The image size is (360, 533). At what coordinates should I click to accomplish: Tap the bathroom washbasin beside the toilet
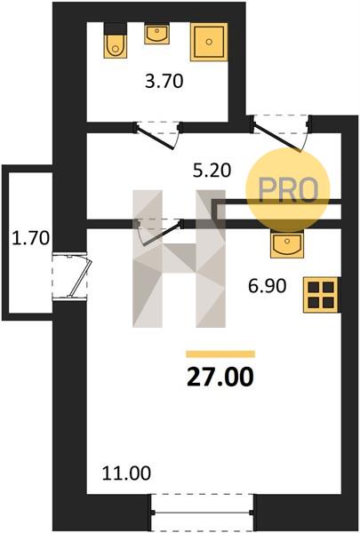[156, 34]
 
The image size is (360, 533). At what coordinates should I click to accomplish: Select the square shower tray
[209, 42]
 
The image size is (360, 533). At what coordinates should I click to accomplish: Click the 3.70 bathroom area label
[164, 82]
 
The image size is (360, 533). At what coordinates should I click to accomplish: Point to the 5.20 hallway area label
[212, 171]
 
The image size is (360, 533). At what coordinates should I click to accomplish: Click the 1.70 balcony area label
[30, 238]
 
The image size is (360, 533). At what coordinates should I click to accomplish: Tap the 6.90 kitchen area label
[267, 286]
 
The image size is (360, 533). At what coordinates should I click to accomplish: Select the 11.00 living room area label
[126, 473]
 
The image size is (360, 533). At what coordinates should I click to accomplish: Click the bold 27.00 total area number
[220, 378]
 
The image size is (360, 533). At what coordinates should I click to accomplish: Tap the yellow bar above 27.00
[220, 354]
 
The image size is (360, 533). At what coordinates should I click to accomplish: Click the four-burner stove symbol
[321, 295]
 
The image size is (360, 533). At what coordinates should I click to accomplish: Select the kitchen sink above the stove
[287, 243]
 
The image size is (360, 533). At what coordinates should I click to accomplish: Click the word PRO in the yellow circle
[288, 190]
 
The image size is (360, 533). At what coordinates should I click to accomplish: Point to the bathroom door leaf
[155, 138]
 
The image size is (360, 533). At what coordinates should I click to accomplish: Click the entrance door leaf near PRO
[277, 138]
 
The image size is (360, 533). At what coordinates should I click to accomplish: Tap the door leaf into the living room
[161, 234]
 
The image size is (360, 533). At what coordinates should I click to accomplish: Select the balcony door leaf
[80, 279]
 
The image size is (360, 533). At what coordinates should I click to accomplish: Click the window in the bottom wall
[202, 513]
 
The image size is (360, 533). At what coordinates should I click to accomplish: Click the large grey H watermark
[179, 259]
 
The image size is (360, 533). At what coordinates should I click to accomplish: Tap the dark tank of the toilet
[116, 28]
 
